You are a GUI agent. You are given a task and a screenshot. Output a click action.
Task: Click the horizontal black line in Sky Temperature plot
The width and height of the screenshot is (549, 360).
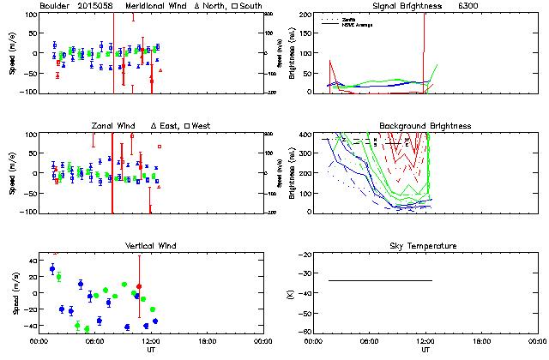pyautogui.click(x=380, y=280)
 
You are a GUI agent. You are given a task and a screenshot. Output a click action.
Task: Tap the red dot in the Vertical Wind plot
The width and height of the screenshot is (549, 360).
pyautogui.click(x=139, y=286)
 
